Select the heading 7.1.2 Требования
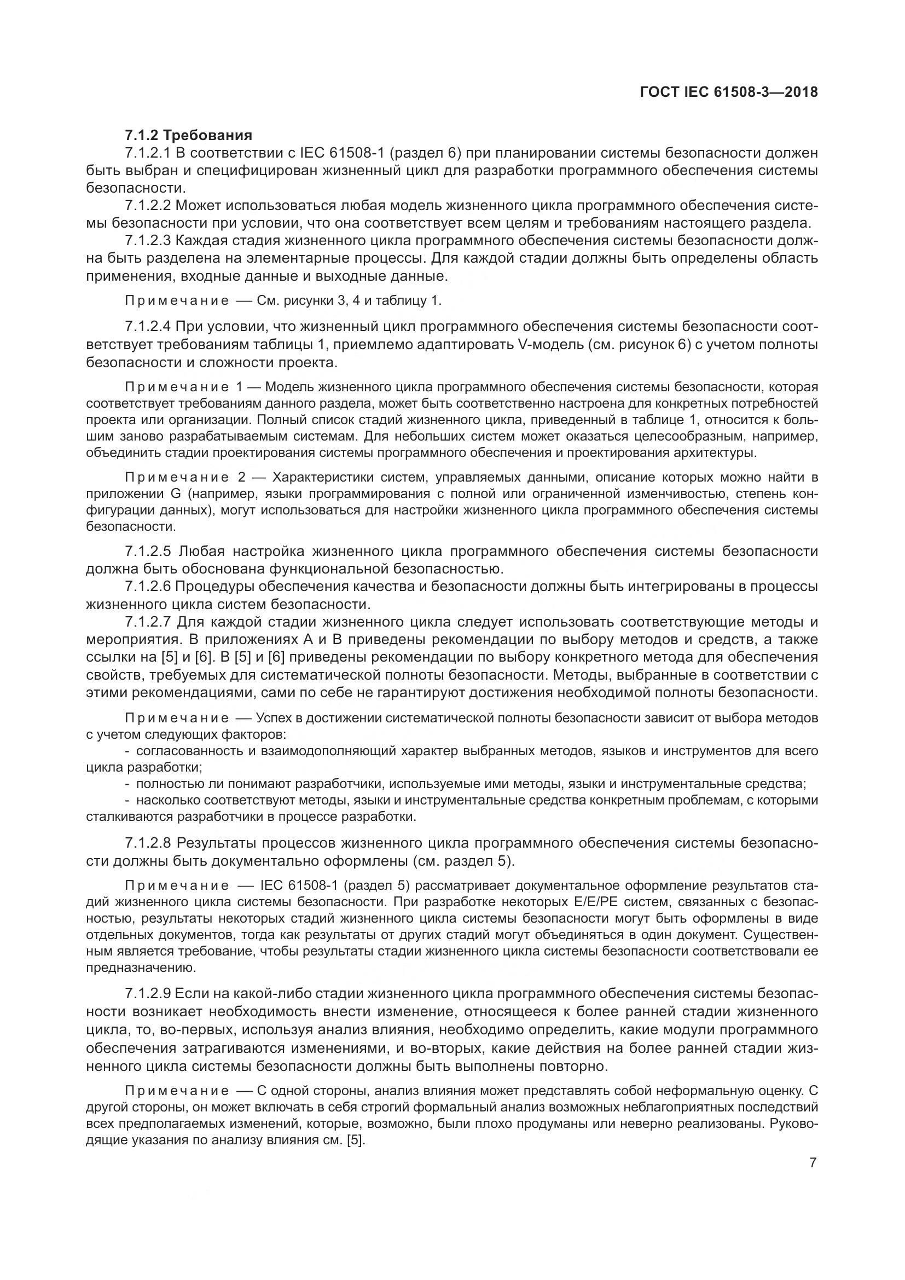tap(188, 135)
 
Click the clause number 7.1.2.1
tap(148, 153)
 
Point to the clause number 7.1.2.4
tap(148, 327)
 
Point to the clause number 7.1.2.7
tap(148, 622)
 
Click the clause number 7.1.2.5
tap(148, 552)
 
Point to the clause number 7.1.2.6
tap(148, 587)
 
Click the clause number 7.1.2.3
tap(148, 241)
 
